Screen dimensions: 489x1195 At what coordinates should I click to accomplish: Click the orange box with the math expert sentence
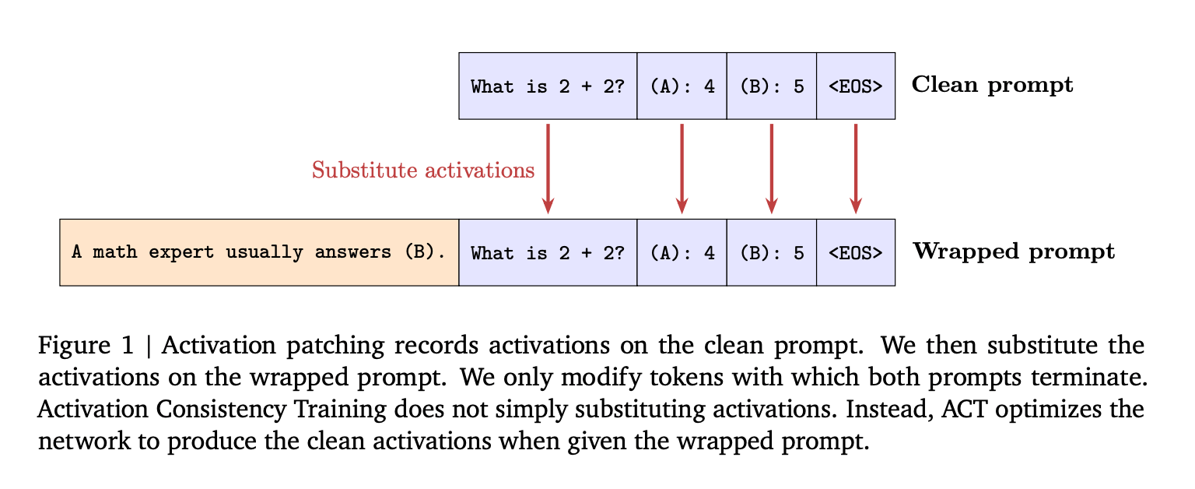259,252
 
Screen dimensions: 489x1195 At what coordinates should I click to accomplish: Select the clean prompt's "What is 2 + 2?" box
548,86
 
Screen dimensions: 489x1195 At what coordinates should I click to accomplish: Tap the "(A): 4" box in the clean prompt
682,86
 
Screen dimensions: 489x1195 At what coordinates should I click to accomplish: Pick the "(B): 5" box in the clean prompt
771,86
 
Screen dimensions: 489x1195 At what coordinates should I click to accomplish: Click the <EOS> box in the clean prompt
855,86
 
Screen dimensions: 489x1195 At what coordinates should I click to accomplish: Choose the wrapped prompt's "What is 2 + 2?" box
548,252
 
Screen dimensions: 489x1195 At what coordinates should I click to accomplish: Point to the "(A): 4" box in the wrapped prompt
682,252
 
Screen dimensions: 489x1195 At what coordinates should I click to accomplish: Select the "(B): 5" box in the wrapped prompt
771,252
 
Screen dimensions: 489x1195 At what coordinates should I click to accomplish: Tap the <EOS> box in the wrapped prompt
855,252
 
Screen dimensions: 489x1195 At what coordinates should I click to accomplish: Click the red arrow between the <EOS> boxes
856,168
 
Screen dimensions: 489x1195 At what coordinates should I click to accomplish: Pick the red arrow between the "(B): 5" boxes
771,168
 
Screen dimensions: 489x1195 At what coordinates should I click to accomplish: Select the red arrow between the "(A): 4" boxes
682,168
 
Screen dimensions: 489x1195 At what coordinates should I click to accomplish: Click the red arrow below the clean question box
548,168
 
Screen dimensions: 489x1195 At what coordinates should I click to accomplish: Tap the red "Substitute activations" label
423,170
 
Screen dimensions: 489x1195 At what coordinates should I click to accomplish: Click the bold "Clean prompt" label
992,85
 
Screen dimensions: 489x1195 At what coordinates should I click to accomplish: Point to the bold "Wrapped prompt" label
1013,252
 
